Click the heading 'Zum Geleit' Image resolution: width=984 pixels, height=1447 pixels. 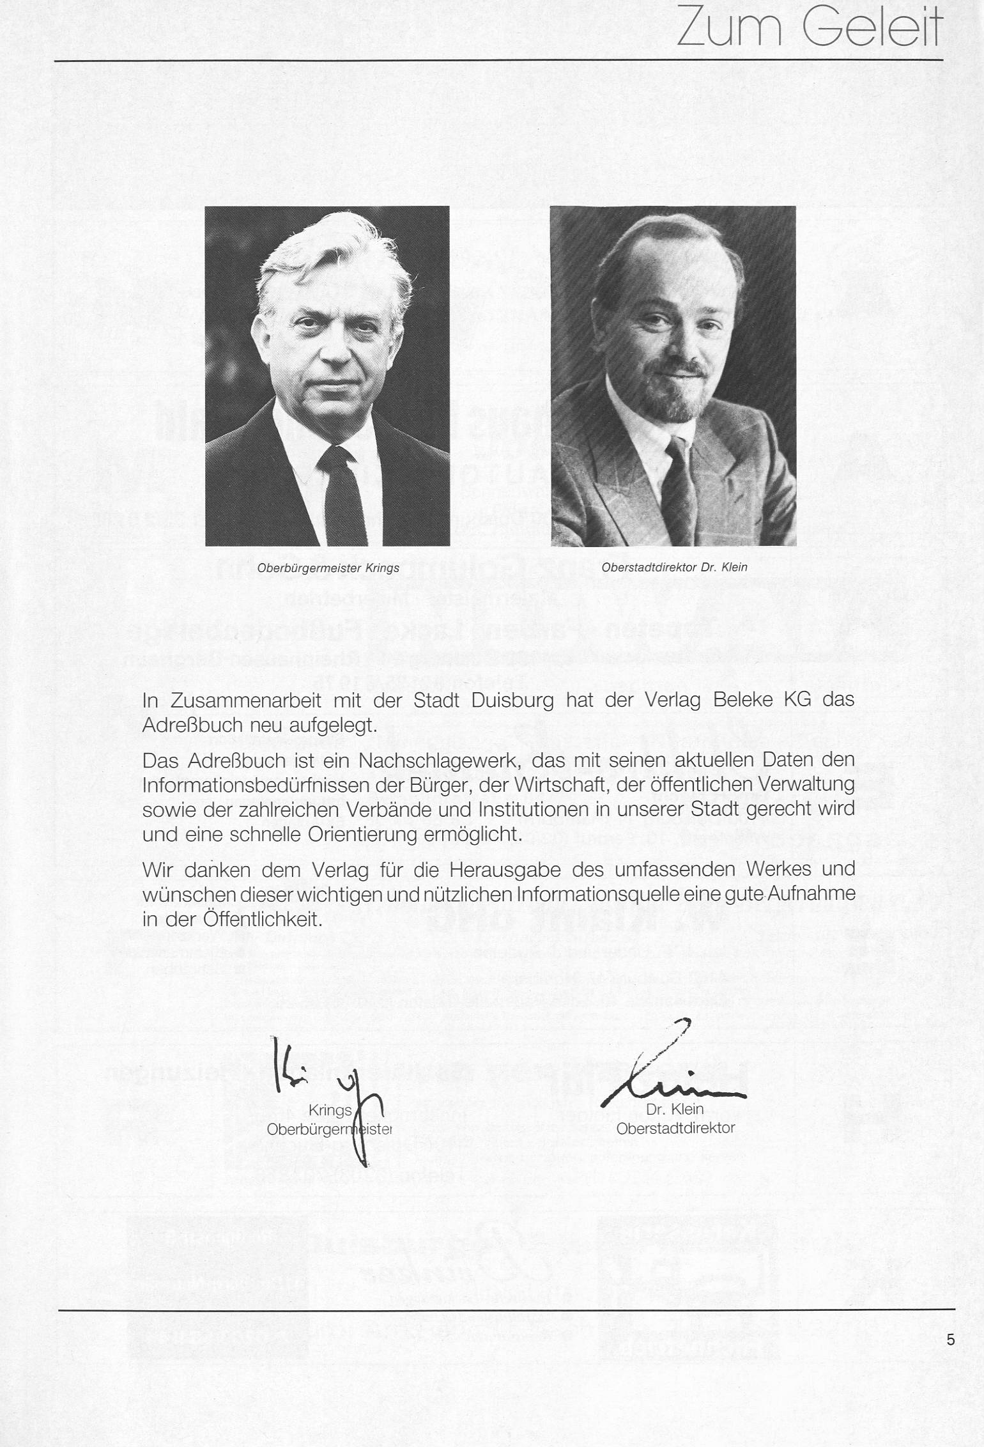pos(809,27)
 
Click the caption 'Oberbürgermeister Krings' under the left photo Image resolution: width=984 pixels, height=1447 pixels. pos(328,568)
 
